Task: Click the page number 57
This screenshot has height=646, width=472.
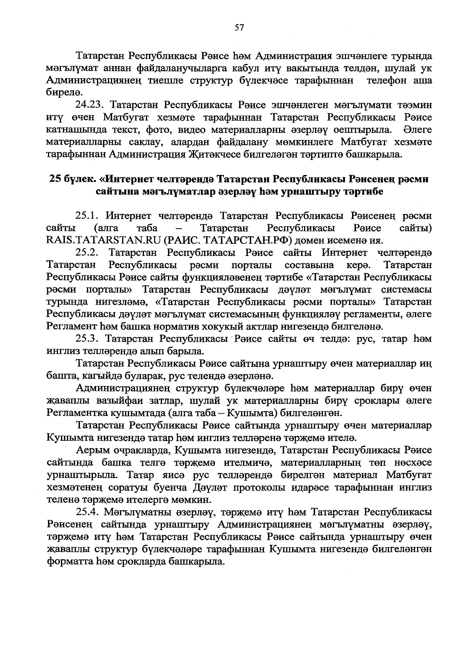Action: coord(239,27)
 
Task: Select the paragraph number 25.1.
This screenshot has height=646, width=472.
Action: coord(89,216)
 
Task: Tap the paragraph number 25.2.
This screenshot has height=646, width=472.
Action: coord(89,252)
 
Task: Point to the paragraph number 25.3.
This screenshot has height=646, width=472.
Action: coord(89,339)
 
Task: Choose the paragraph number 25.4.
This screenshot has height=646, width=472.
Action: coord(89,512)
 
